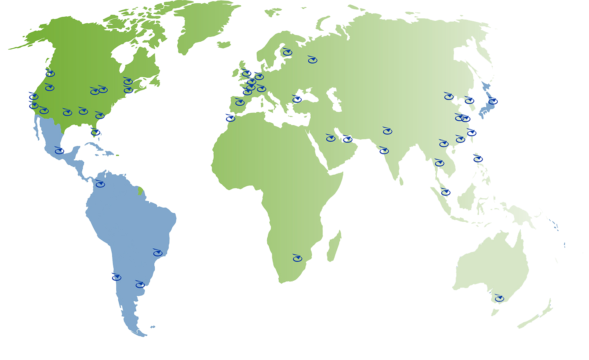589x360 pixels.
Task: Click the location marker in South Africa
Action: click(298, 258)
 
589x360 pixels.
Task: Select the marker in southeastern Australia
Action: click(499, 299)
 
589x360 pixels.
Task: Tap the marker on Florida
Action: click(95, 132)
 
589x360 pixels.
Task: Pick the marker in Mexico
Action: click(60, 151)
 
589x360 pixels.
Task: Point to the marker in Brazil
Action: click(158, 253)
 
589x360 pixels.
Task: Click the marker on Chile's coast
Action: click(117, 277)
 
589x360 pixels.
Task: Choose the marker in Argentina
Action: click(140, 284)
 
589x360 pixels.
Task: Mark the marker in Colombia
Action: click(100, 184)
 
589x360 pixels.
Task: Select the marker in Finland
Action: click(287, 52)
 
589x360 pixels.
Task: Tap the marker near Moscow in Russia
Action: click(313, 60)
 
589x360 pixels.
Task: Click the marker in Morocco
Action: click(231, 118)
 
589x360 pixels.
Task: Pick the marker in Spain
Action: click(240, 102)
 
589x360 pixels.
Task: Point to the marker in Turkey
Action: click(297, 99)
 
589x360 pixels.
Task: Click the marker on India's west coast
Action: click(384, 151)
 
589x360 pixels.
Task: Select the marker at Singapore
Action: click(446, 192)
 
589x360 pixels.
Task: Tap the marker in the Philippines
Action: click(478, 159)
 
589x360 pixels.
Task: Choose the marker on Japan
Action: click(493, 101)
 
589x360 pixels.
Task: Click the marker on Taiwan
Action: click(472, 133)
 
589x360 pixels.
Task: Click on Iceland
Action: click(224, 45)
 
